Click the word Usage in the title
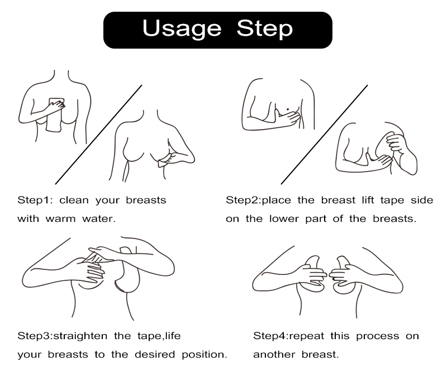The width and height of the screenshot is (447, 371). (182, 29)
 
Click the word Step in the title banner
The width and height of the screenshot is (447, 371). (264, 29)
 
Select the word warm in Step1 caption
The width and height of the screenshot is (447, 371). (60, 219)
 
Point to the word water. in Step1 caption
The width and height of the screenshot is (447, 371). (99, 218)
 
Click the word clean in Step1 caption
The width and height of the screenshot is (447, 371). (74, 200)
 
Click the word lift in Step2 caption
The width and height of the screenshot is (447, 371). (368, 200)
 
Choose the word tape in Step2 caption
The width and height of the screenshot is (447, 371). (392, 201)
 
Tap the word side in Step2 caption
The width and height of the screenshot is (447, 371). (422, 200)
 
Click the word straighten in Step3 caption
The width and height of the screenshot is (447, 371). (80, 336)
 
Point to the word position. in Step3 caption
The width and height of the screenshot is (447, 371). (205, 355)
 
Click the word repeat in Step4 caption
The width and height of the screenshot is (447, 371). (306, 336)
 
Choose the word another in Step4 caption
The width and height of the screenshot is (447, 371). (274, 354)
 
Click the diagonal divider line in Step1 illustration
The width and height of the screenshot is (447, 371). (98, 135)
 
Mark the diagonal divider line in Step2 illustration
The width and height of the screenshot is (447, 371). (324, 135)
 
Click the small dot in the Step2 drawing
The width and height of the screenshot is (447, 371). (287, 109)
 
